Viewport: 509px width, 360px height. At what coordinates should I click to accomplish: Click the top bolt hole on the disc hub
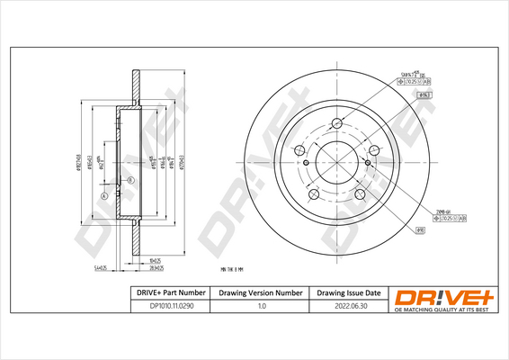pos(337,123)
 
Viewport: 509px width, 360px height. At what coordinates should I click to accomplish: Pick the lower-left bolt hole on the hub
pos(314,194)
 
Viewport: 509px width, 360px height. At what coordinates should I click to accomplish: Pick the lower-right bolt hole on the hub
pos(361,194)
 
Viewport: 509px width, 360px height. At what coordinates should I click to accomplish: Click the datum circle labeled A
pos(104,196)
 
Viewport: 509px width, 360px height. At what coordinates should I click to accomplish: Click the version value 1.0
pos(261,308)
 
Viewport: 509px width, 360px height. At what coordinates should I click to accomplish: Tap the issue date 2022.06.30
pos(350,308)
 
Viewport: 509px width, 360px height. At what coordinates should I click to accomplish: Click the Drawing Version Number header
pos(261,293)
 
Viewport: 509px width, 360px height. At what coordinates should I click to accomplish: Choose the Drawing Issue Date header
pos(350,293)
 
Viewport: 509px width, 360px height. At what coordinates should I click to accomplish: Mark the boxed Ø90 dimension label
pos(421,230)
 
